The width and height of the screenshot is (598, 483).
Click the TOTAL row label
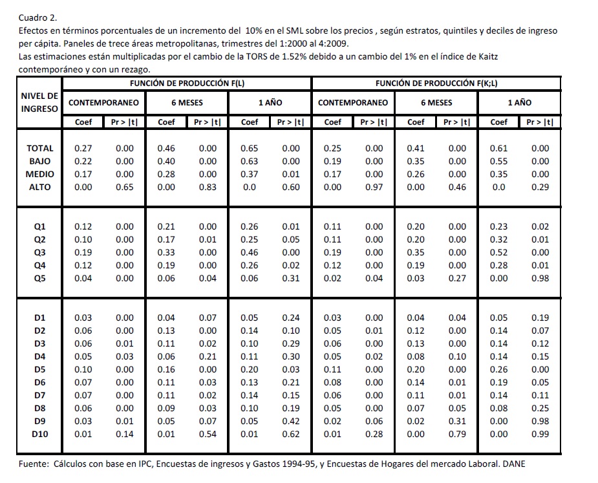click(x=39, y=148)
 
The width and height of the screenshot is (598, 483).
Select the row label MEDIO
click(x=39, y=174)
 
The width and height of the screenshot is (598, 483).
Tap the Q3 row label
click(x=39, y=252)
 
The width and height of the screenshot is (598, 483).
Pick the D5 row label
click(x=39, y=369)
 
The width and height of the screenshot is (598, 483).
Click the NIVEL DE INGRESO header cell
click(x=39, y=102)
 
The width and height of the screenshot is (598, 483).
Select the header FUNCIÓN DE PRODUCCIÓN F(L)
click(x=187, y=83)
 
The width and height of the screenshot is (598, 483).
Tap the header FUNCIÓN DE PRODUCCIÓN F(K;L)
click(x=436, y=83)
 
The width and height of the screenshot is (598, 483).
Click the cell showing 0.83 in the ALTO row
click(x=208, y=187)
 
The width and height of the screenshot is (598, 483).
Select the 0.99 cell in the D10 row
click(x=540, y=434)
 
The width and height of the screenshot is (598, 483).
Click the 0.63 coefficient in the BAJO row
click(x=249, y=161)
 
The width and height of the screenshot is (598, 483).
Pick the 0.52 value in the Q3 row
click(x=498, y=252)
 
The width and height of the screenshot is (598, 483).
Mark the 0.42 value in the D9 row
click(x=291, y=421)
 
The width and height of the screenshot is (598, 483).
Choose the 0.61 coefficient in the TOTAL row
click(x=498, y=148)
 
